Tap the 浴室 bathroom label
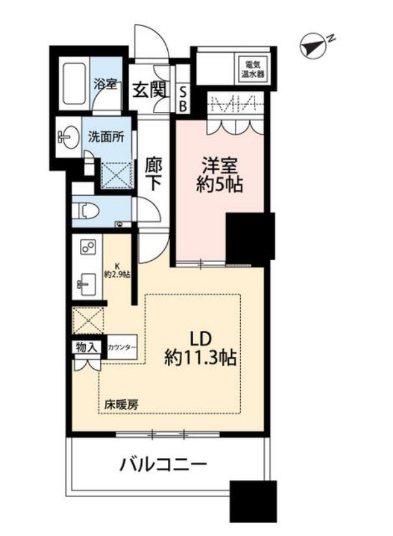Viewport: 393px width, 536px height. point(104,83)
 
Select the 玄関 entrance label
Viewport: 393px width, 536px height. point(150,90)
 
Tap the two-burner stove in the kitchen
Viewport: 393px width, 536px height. point(88,248)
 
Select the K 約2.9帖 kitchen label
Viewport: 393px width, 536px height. point(118,270)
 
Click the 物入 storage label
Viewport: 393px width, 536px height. point(86,347)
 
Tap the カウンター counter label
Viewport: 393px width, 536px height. point(122,347)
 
